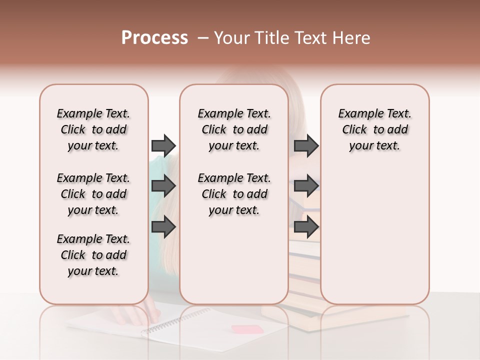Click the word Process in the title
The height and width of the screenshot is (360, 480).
point(154,38)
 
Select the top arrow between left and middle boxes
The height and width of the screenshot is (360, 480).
point(163,145)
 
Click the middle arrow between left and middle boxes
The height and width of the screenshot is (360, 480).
point(163,186)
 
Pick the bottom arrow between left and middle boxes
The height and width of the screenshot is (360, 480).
point(163,227)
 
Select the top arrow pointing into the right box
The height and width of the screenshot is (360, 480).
point(306,145)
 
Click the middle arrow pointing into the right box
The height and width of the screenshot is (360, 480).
point(306,186)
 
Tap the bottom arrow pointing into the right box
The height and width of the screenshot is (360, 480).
point(306,227)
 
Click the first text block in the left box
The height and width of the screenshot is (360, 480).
point(93,129)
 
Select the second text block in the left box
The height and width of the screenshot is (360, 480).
point(93,194)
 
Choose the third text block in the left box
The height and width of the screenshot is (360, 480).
point(93,255)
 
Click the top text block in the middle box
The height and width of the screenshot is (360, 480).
point(234,129)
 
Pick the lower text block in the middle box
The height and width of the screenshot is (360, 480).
point(234,194)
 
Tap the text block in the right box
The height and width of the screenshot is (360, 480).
point(374,129)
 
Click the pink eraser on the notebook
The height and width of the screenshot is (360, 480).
point(247,329)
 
